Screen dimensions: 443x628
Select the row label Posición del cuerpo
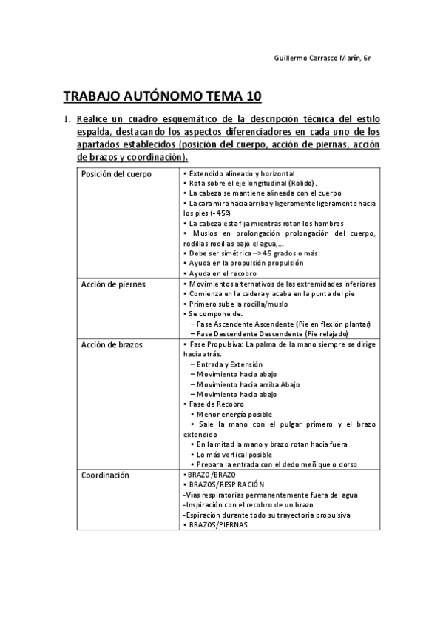coord(116,174)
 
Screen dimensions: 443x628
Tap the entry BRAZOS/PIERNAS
coord(215,524)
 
